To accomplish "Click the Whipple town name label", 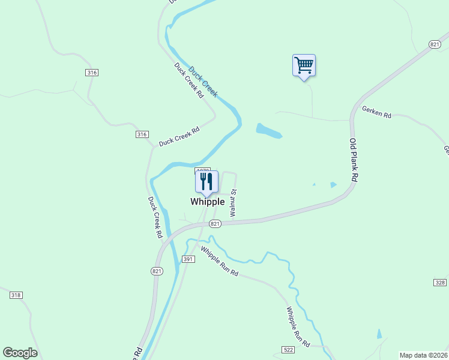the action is pyautogui.click(x=207, y=202).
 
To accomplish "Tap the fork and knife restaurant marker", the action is pyautogui.click(x=206, y=182).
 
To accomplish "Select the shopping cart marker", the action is pyautogui.click(x=304, y=65).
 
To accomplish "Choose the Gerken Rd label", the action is pyautogui.click(x=376, y=112).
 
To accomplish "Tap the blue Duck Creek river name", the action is pyautogui.click(x=203, y=82).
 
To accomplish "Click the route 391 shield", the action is pyautogui.click(x=188, y=259).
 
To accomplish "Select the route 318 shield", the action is pyautogui.click(x=16, y=295).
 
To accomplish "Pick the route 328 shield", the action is pyautogui.click(x=440, y=282).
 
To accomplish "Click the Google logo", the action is pyautogui.click(x=20, y=353).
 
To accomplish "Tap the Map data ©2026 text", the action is pyautogui.click(x=424, y=355).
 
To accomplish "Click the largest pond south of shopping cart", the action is pyautogui.click(x=268, y=130).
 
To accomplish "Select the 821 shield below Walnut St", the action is pyautogui.click(x=216, y=224).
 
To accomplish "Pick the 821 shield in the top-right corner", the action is pyautogui.click(x=435, y=44).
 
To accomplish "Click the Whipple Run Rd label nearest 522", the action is pyautogui.click(x=298, y=328).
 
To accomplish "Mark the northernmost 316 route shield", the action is pyautogui.click(x=92, y=73).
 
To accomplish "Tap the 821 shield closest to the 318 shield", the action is pyautogui.click(x=157, y=271).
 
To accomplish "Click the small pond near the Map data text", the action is pyautogui.click(x=379, y=334).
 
